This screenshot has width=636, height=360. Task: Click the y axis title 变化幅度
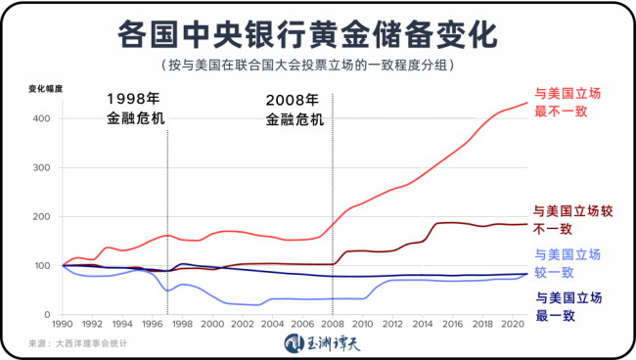[x=47, y=89]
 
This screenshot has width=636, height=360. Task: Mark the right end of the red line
[x=527, y=103]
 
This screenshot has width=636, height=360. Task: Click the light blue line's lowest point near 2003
[x=258, y=304]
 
